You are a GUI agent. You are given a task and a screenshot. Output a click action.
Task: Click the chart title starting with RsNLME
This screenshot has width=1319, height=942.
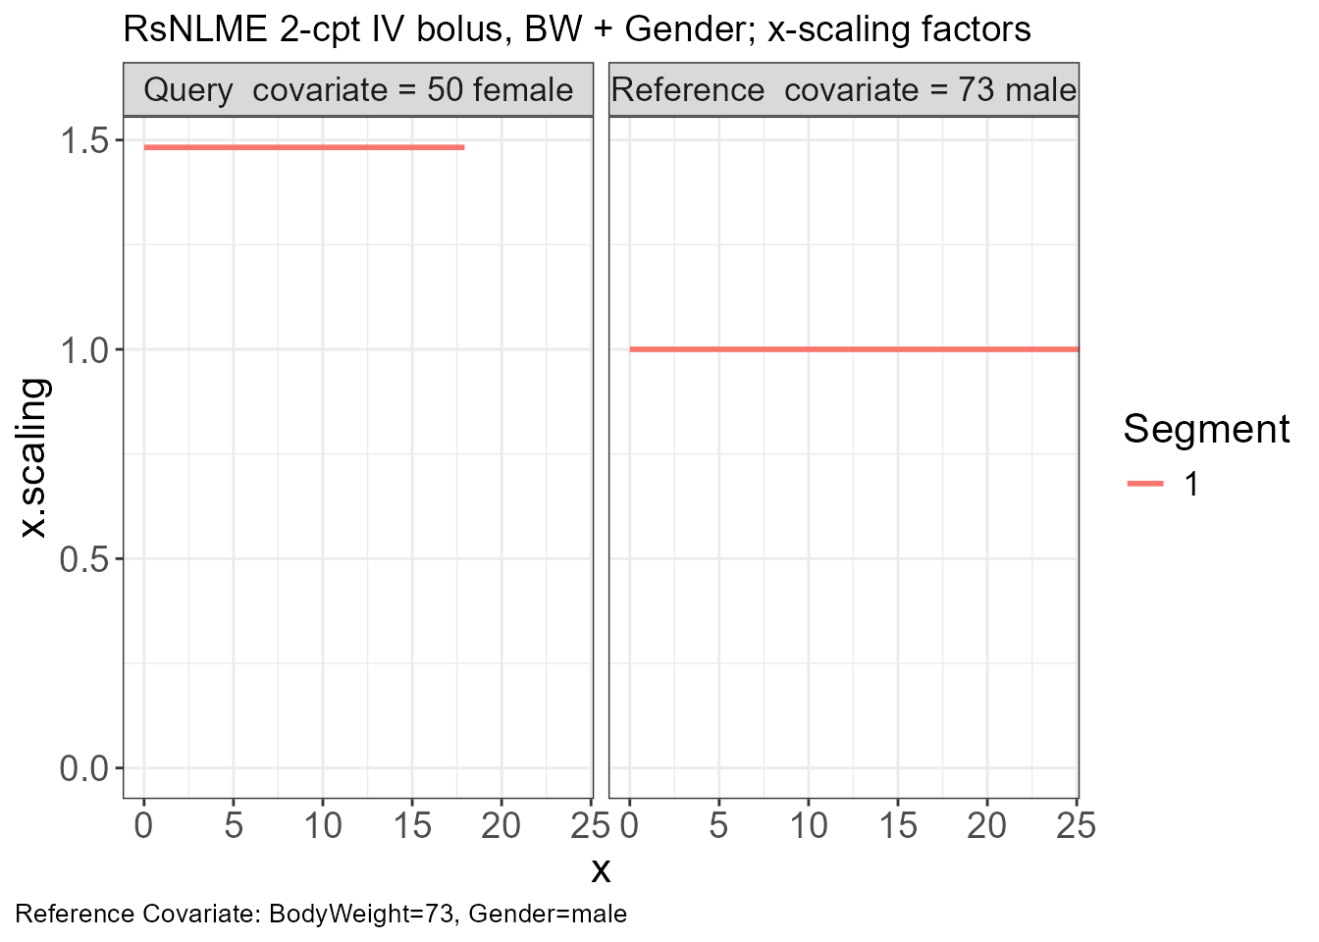(577, 29)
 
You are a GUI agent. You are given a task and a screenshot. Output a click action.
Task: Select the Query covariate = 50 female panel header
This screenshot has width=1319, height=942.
(358, 90)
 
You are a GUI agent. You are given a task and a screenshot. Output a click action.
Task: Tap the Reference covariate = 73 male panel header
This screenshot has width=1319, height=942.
(844, 90)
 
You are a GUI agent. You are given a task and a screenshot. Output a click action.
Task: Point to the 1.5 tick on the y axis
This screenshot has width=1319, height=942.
(83, 140)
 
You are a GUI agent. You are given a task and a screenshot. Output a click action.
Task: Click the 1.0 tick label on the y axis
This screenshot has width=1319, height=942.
(83, 350)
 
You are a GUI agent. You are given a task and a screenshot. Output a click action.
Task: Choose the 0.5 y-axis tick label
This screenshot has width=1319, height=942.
(83, 559)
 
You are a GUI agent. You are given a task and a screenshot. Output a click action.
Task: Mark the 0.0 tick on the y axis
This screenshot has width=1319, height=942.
(83, 769)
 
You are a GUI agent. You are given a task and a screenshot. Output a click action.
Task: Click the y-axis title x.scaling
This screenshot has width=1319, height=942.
(32, 458)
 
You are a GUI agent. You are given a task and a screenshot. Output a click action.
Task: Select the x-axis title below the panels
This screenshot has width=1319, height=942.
(601, 870)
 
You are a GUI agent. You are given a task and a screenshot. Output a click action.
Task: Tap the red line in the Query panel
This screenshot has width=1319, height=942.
(304, 147)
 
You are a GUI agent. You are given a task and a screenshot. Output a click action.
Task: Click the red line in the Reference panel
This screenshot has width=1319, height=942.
(855, 349)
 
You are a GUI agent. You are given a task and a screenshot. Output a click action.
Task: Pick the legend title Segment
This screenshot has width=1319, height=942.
(1206, 429)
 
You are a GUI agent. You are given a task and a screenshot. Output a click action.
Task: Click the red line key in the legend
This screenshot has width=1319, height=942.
(1145, 484)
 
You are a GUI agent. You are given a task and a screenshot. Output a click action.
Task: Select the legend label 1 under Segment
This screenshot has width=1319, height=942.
(1190, 484)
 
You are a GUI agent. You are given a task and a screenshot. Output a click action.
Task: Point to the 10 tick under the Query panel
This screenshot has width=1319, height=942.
(323, 825)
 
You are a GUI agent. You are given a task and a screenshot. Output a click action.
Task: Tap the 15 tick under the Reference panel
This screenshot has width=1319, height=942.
(898, 825)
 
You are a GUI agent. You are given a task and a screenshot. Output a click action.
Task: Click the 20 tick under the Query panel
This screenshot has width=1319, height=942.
(501, 825)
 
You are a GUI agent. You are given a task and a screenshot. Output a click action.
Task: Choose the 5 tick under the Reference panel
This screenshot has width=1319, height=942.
(719, 825)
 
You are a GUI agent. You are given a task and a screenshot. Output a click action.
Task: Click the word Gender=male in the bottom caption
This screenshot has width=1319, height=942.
(548, 915)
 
